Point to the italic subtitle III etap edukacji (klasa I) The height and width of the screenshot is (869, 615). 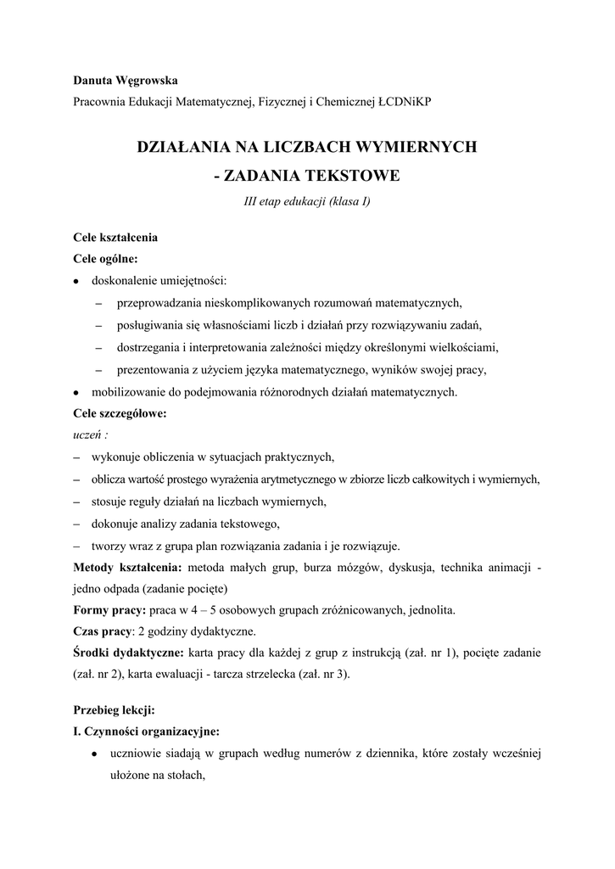point(306,201)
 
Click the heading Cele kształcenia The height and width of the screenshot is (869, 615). point(115,238)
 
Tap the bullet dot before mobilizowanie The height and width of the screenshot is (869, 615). point(77,393)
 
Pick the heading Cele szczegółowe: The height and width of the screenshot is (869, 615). point(120,414)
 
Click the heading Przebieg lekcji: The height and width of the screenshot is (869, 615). point(114,709)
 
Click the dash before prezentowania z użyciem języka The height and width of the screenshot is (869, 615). point(98,370)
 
